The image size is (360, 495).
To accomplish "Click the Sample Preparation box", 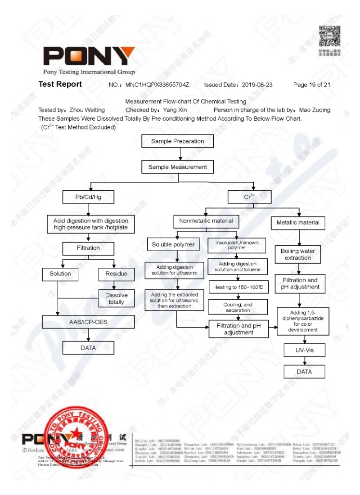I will (x=177, y=141).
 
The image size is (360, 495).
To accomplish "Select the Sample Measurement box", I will (x=177, y=167).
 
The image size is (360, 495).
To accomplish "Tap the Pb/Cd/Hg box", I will (x=88, y=197).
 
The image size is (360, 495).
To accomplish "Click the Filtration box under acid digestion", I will (x=88, y=248).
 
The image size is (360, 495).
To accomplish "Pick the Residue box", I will (x=116, y=274).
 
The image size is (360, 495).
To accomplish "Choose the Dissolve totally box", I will (x=116, y=298).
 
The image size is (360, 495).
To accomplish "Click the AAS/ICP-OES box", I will (x=88, y=322).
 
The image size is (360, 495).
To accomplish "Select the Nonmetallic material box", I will (x=206, y=221).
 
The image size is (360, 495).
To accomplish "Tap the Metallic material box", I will (x=298, y=222).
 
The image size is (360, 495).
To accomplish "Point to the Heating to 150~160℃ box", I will (x=238, y=287).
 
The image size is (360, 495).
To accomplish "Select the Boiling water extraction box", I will (x=297, y=255).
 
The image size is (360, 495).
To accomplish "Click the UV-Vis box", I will (x=304, y=350).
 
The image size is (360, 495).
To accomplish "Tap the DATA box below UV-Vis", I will (x=304, y=372).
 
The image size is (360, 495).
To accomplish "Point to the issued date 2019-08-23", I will (x=257, y=85).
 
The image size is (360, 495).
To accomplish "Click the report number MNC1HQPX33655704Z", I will (x=157, y=85).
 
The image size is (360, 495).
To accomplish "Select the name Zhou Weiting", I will (x=87, y=110).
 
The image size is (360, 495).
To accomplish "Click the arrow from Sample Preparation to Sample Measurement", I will (x=180, y=154).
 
